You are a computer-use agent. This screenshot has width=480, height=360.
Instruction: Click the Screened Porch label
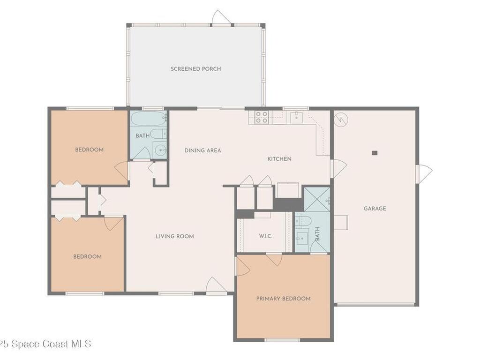[x=195, y=69]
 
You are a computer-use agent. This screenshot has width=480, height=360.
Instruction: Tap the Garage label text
[x=375, y=209]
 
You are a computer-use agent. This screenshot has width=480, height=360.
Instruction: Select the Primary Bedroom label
[x=283, y=299]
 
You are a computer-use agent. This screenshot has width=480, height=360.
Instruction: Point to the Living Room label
[x=174, y=236]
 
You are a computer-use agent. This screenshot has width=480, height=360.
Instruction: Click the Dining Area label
[x=202, y=150]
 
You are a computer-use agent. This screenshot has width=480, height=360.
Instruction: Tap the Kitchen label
[x=279, y=159]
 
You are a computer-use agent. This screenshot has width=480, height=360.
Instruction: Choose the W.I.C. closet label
[x=265, y=236]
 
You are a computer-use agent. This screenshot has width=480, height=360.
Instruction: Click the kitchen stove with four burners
[x=262, y=117]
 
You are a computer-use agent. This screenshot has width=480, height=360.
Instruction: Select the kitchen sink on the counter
[x=296, y=118]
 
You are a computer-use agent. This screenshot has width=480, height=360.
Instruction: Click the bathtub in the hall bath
[x=149, y=119]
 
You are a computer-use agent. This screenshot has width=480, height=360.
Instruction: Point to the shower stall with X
[x=317, y=199]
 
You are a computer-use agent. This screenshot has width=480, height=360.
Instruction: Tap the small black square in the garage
[x=375, y=153]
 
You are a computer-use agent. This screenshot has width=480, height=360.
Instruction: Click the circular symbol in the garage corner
[x=341, y=120]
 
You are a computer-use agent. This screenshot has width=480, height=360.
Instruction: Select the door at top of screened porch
[x=222, y=18]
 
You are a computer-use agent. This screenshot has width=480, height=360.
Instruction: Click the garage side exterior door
[x=424, y=174]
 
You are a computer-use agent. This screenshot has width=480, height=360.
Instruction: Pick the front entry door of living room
[x=216, y=286]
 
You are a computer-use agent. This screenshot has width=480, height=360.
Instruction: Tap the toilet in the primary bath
[x=303, y=220]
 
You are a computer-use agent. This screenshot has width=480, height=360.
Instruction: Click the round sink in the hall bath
[x=160, y=150]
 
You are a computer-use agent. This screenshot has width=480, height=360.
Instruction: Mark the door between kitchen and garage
[x=338, y=168]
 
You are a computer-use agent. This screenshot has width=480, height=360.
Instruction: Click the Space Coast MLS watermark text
[x=45, y=344]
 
